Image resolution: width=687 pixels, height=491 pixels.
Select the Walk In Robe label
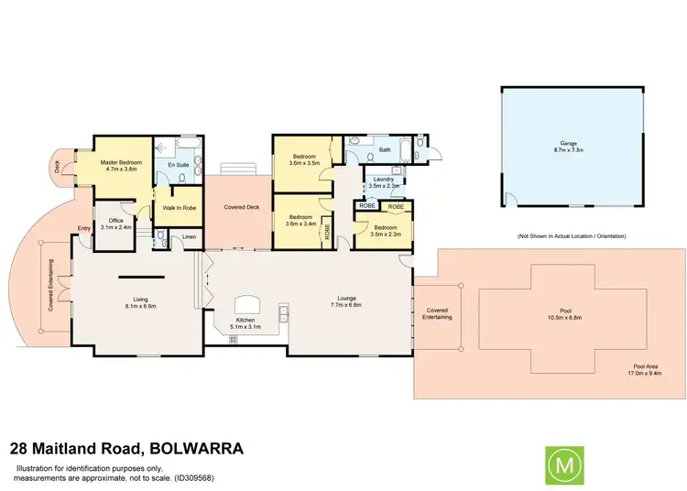click(180, 208)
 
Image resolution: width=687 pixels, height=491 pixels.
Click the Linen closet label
click(189, 238)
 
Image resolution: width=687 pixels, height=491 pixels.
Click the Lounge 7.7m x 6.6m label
click(345, 303)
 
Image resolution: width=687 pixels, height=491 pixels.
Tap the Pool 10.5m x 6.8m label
click(559, 316)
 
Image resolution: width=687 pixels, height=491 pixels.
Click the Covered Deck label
click(242, 208)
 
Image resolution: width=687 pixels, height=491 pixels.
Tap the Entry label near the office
click(84, 228)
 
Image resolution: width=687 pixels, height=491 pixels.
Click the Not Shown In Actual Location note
click(571, 237)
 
